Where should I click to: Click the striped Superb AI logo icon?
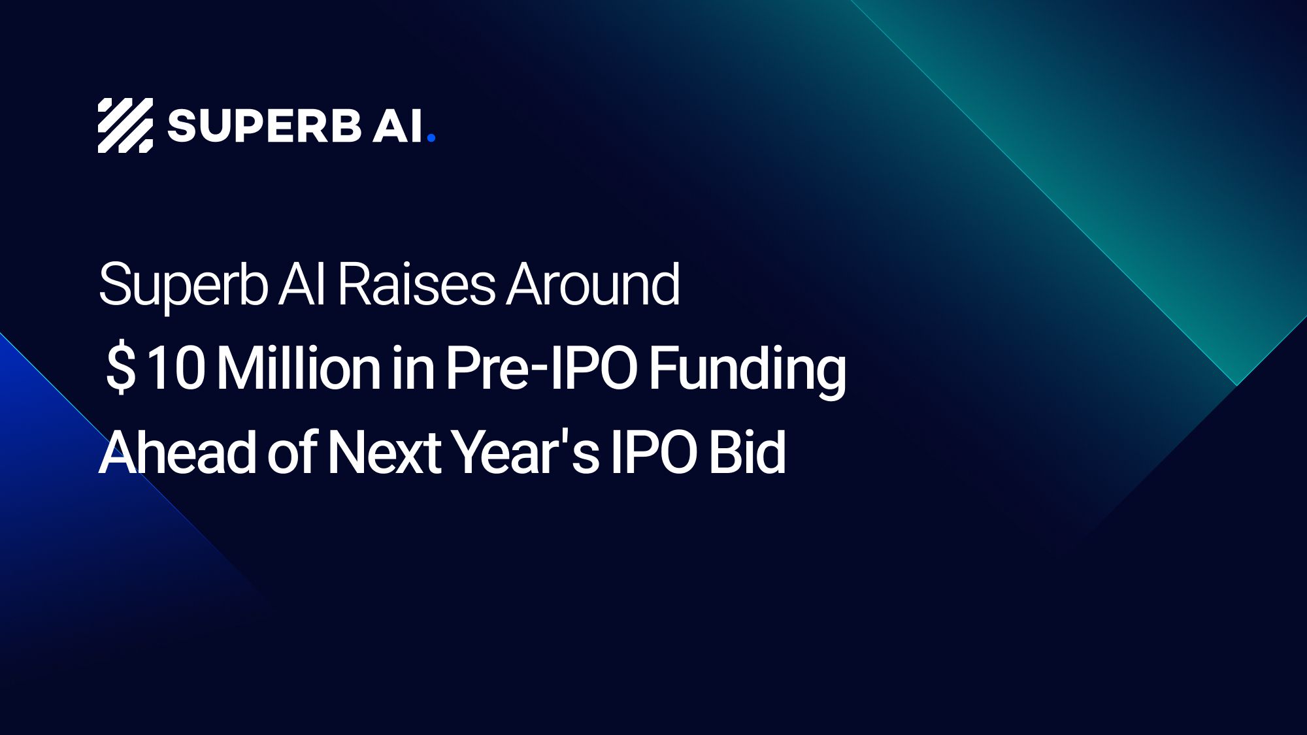point(125,125)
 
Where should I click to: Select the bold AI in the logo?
point(397,125)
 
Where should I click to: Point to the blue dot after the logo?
point(431,137)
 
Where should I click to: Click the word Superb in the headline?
point(183,286)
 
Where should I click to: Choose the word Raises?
point(416,285)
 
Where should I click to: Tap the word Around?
point(593,285)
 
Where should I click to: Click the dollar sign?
point(121,368)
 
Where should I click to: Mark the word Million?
point(298,368)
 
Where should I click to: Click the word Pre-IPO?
point(541,368)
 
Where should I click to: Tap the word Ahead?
point(176,452)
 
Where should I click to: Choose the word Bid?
point(747,452)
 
